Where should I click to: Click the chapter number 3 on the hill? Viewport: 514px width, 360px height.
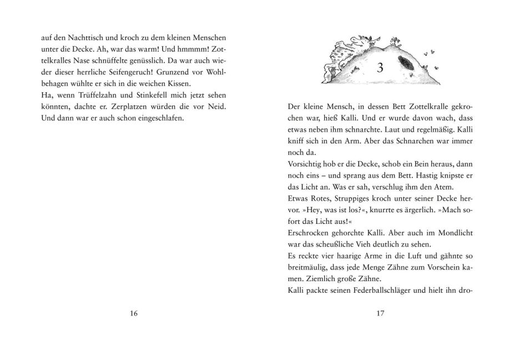coord(380,69)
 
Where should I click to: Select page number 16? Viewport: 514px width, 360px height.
coord(133,313)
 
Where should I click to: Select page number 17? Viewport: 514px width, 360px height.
coord(380,313)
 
